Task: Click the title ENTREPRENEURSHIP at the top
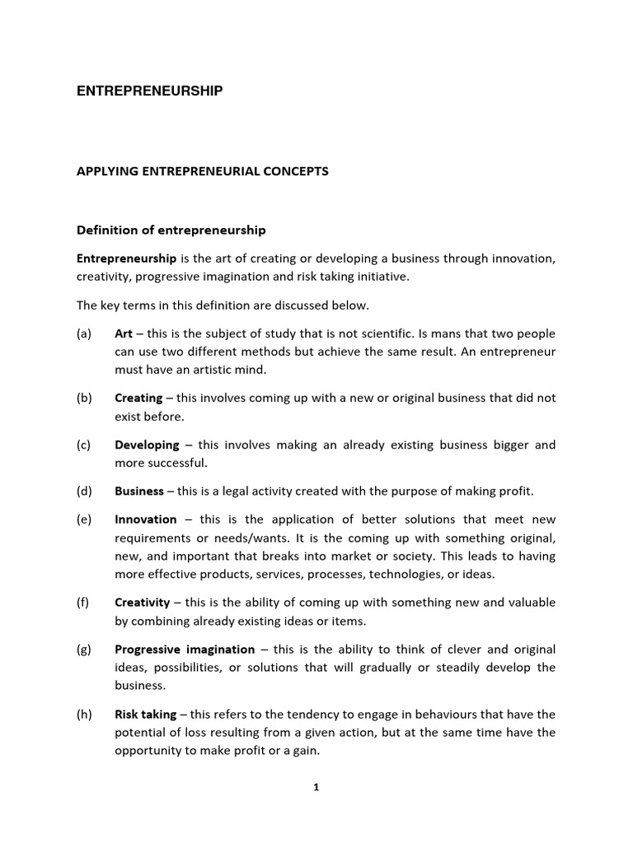(149, 91)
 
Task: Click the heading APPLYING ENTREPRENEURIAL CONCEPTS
(202, 171)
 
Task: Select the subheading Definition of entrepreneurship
(171, 230)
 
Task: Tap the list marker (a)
(84, 333)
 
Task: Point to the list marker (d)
(84, 491)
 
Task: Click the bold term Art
(124, 333)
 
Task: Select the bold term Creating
(138, 398)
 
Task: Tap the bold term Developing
(147, 445)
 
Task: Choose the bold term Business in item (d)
(138, 491)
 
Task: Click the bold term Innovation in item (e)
(146, 519)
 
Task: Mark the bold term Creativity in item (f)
(142, 603)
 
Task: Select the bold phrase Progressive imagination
(185, 650)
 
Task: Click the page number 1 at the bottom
(316, 787)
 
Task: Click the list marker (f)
(83, 603)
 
